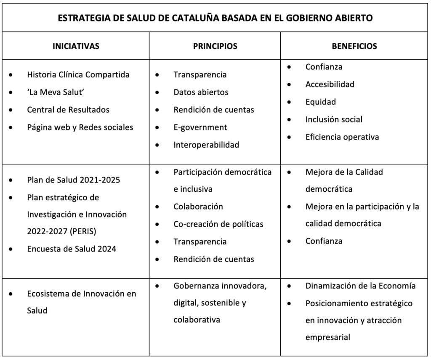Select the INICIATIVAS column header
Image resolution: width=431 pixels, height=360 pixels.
click(76, 46)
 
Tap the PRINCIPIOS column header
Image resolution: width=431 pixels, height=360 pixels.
click(215, 46)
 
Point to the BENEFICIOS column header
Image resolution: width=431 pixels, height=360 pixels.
click(354, 46)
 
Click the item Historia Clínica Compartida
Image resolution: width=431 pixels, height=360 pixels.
click(78, 75)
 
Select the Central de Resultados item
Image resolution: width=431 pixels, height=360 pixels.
click(68, 110)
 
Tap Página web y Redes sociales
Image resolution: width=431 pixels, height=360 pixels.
click(80, 127)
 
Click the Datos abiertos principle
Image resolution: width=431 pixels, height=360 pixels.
click(201, 92)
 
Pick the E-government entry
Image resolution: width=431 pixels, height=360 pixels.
click(200, 127)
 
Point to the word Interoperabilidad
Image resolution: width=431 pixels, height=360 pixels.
click(206, 145)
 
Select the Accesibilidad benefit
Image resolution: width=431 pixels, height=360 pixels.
click(330, 84)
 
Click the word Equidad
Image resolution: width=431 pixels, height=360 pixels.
click(321, 102)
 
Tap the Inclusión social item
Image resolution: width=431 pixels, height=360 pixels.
click(334, 119)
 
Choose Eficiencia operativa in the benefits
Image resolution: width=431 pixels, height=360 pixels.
click(342, 137)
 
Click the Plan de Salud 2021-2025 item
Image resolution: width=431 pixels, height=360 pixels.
click(74, 180)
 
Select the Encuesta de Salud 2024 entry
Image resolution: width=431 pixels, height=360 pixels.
click(72, 249)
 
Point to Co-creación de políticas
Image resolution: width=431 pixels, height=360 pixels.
click(218, 224)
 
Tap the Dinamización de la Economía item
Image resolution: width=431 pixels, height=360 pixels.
click(360, 286)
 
